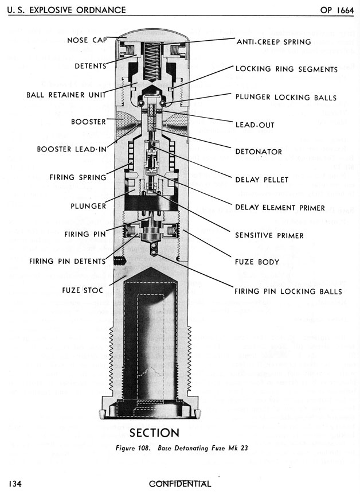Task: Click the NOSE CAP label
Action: pyautogui.click(x=86, y=40)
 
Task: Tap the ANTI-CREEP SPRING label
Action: pyautogui.click(x=273, y=42)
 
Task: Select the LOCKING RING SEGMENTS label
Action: pyautogui.click(x=286, y=69)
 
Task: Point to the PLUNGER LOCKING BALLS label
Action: pyautogui.click(x=286, y=97)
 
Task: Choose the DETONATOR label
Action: pyautogui.click(x=259, y=151)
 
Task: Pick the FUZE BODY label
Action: pyautogui.click(x=257, y=262)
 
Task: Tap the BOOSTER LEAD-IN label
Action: pyautogui.click(x=72, y=149)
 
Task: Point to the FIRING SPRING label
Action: pyautogui.click(x=78, y=177)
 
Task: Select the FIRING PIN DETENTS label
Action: pyautogui.click(x=68, y=262)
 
